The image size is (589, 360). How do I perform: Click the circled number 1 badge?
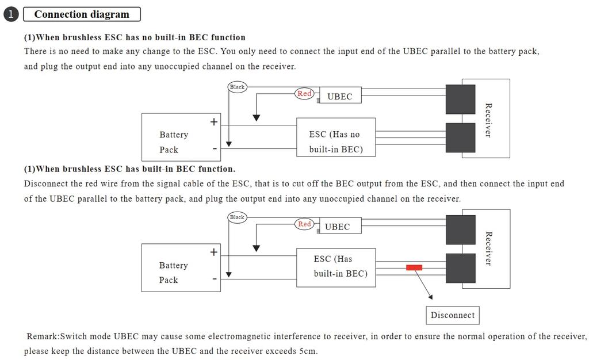coord(11,14)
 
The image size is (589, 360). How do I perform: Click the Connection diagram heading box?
coord(82,14)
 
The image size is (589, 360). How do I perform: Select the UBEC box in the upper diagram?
coord(339,96)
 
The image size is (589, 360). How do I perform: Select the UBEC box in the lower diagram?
coord(337,227)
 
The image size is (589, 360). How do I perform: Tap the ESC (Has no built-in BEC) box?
coord(335,137)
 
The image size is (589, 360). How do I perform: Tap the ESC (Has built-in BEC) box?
coord(335,267)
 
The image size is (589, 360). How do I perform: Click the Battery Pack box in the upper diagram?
coord(175,137)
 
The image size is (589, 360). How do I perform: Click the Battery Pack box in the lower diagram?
coord(175,267)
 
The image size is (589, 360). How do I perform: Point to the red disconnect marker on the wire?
coord(414,267)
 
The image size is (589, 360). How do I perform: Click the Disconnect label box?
coord(453,315)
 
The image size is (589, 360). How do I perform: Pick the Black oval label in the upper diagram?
coord(237,87)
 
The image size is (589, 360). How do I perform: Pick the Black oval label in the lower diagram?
coord(237,217)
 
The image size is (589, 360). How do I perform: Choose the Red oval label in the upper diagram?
coord(304,94)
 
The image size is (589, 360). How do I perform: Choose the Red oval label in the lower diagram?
coord(304,224)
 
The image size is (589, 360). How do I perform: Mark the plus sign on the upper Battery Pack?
coord(214,122)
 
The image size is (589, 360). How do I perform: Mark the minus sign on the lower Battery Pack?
coord(214,279)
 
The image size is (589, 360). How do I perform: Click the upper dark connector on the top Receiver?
coord(460,99)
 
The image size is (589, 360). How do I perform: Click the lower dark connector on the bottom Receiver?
coord(460,268)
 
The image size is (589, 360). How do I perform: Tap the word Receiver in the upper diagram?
coord(488,120)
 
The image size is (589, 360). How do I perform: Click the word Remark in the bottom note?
coord(42,336)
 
